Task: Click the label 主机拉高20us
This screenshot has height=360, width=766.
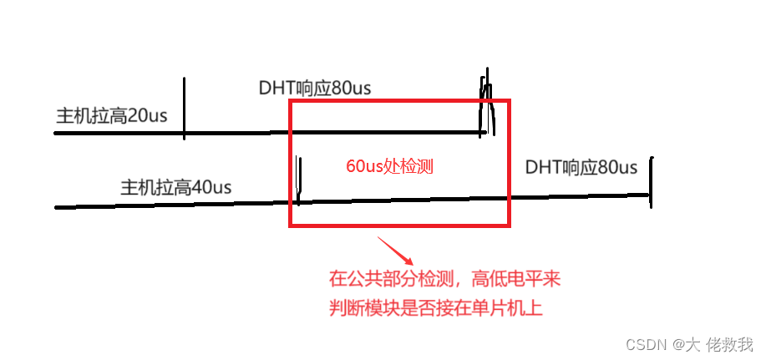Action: (111, 116)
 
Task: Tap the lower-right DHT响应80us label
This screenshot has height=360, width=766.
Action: (581, 167)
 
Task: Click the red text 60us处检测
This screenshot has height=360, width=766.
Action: (389, 166)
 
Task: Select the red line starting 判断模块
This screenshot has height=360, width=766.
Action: (436, 308)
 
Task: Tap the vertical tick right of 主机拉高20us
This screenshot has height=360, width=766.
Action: (183, 106)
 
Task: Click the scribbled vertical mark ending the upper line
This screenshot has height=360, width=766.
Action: (486, 106)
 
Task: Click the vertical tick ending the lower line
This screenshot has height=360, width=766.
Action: (651, 181)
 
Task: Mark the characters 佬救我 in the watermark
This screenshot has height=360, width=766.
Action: (728, 344)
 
